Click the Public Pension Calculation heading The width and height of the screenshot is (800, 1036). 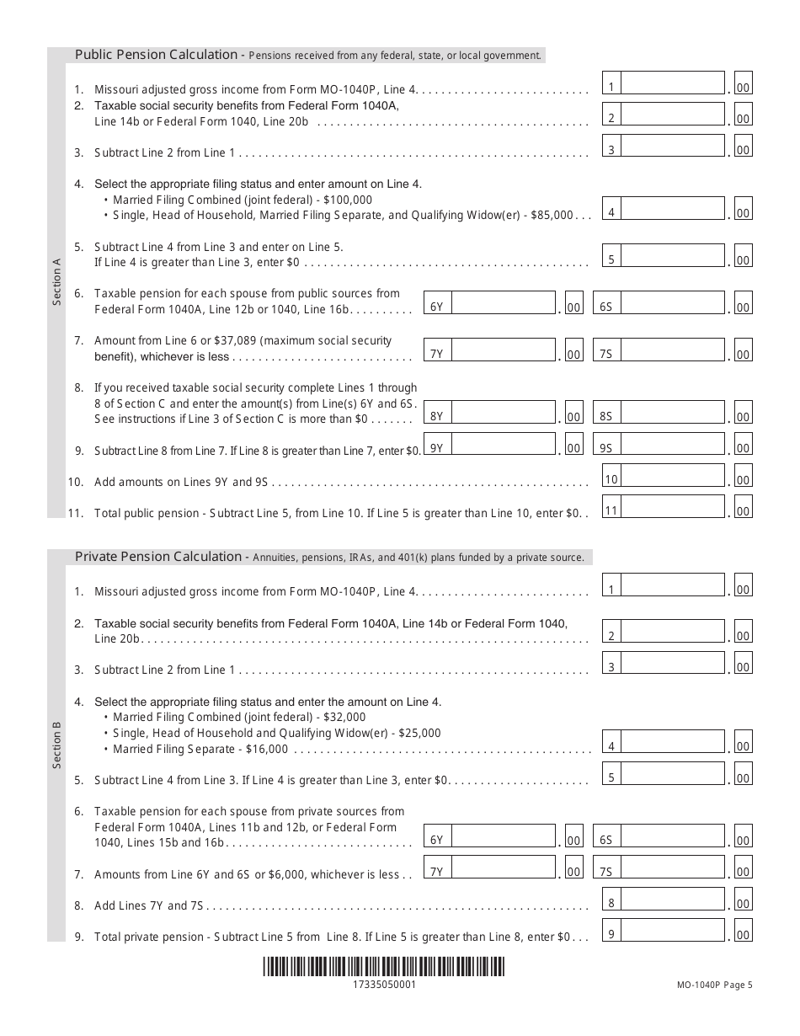157,55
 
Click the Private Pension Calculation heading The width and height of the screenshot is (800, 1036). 160,557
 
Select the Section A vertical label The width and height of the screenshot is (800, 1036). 57,283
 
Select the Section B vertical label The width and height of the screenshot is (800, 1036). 57,744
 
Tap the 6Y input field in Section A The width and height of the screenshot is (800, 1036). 500,304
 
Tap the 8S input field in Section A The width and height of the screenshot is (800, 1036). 670,413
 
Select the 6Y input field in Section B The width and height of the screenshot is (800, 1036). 500,836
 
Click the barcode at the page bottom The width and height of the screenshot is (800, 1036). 383,966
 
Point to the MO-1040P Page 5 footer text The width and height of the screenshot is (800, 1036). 714,984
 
